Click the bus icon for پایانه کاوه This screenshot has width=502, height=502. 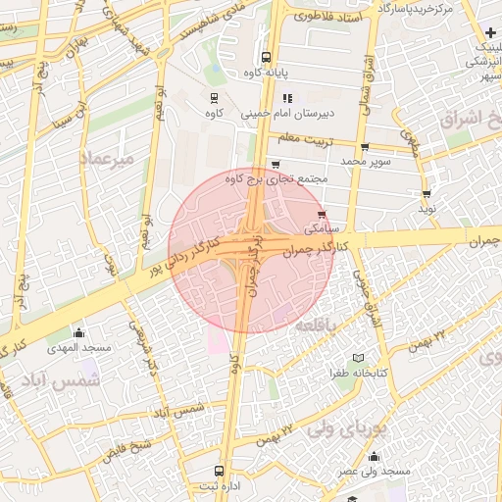tap(267, 56)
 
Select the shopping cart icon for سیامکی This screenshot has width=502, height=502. tap(323, 215)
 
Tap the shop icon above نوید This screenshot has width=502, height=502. tap(427, 194)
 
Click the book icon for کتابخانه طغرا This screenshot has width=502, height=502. tap(358, 359)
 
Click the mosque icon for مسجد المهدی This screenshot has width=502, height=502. tap(78, 332)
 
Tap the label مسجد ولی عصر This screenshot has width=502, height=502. tap(374, 472)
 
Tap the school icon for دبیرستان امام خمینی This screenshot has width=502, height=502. tap(287, 98)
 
